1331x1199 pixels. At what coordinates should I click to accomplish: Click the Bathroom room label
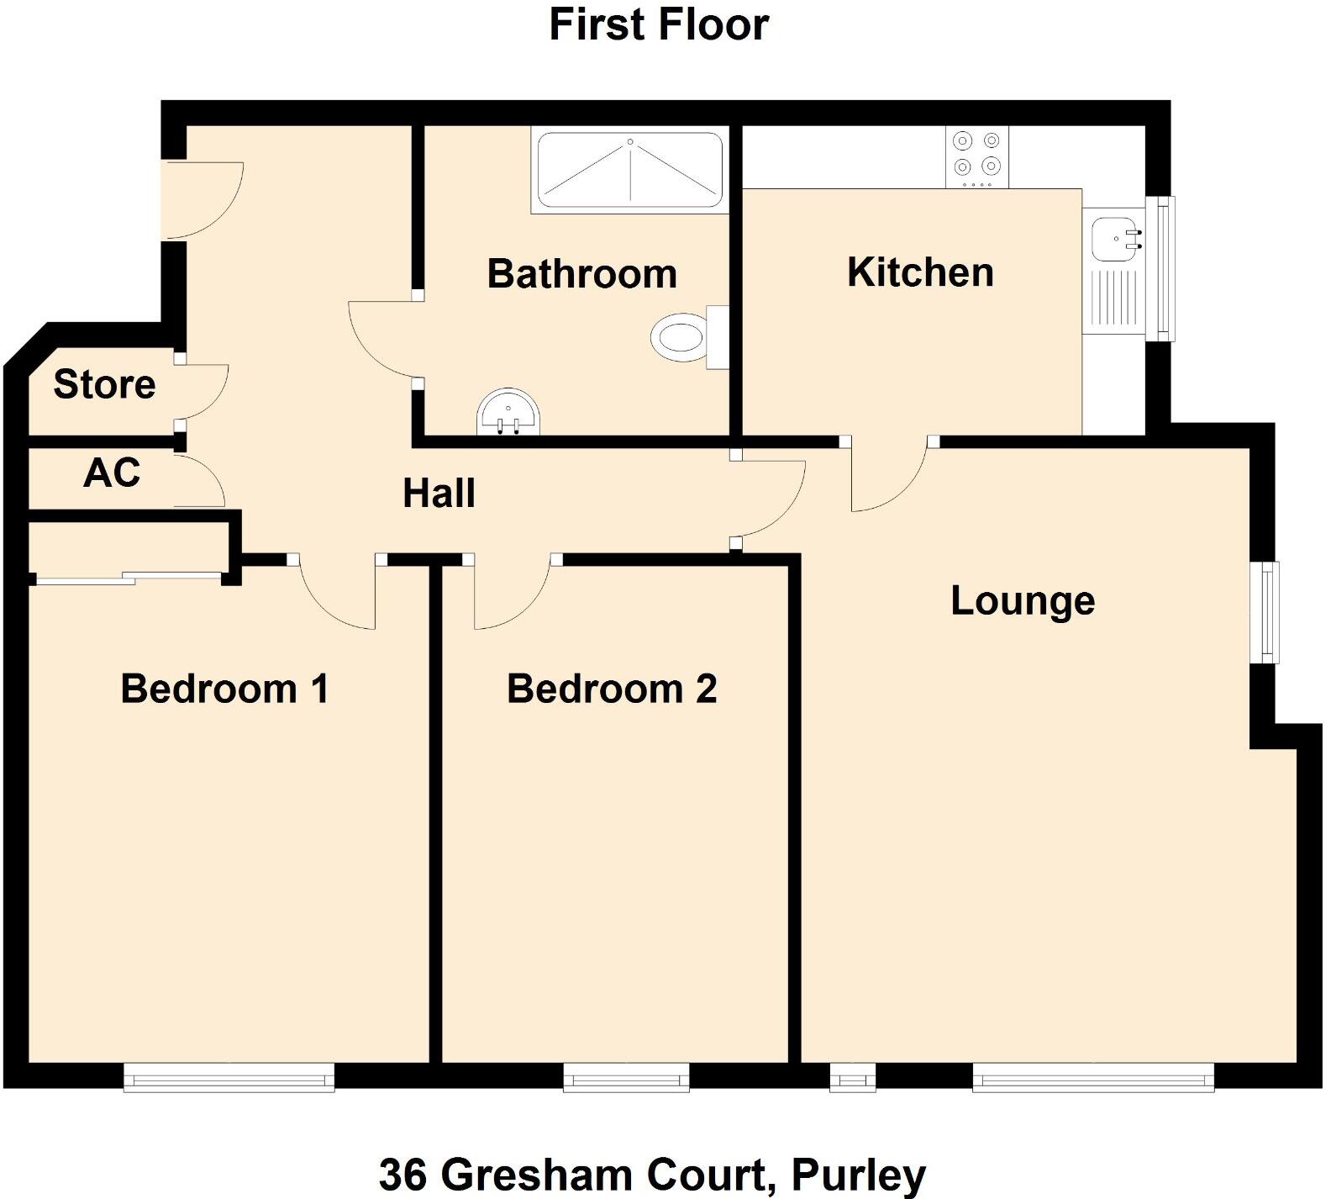(581, 274)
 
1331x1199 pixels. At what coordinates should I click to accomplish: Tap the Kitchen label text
(920, 272)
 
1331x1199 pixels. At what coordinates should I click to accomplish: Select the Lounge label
(1023, 601)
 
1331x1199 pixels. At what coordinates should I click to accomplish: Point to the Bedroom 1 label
(224, 689)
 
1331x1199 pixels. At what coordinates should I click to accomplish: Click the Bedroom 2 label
(612, 689)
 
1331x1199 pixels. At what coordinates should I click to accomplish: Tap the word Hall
(439, 494)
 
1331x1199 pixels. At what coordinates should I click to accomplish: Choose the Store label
(104, 384)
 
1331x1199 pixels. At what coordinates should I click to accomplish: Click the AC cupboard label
(112, 473)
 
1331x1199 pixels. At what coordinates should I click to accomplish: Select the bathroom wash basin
(510, 413)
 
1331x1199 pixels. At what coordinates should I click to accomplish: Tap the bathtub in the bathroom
(629, 171)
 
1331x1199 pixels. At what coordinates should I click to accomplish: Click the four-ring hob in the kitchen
(976, 156)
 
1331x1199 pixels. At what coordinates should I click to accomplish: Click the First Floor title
(659, 24)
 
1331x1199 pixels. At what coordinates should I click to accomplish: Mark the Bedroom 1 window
(229, 1077)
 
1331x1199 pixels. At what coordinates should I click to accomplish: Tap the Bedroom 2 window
(626, 1077)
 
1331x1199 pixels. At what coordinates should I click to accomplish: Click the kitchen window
(1161, 268)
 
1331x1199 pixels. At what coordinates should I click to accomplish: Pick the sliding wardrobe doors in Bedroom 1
(128, 577)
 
